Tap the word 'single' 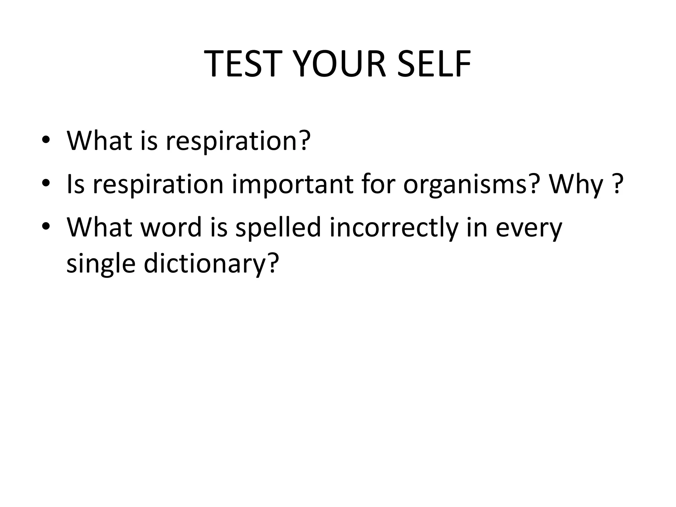[101, 264]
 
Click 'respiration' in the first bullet [231, 141]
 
